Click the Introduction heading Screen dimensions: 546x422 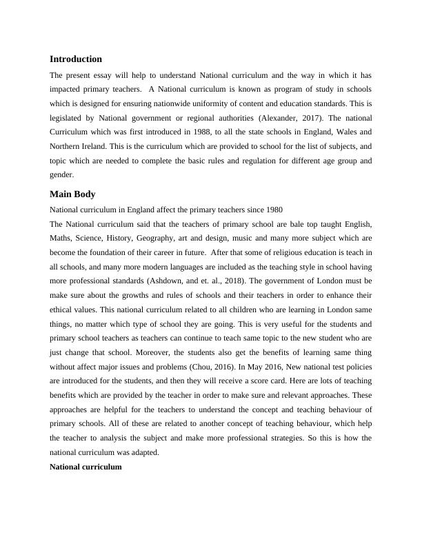click(76, 59)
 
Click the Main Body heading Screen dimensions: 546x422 click(73, 194)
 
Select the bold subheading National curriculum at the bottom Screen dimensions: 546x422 click(86, 467)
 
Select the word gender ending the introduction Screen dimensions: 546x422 click(63, 176)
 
